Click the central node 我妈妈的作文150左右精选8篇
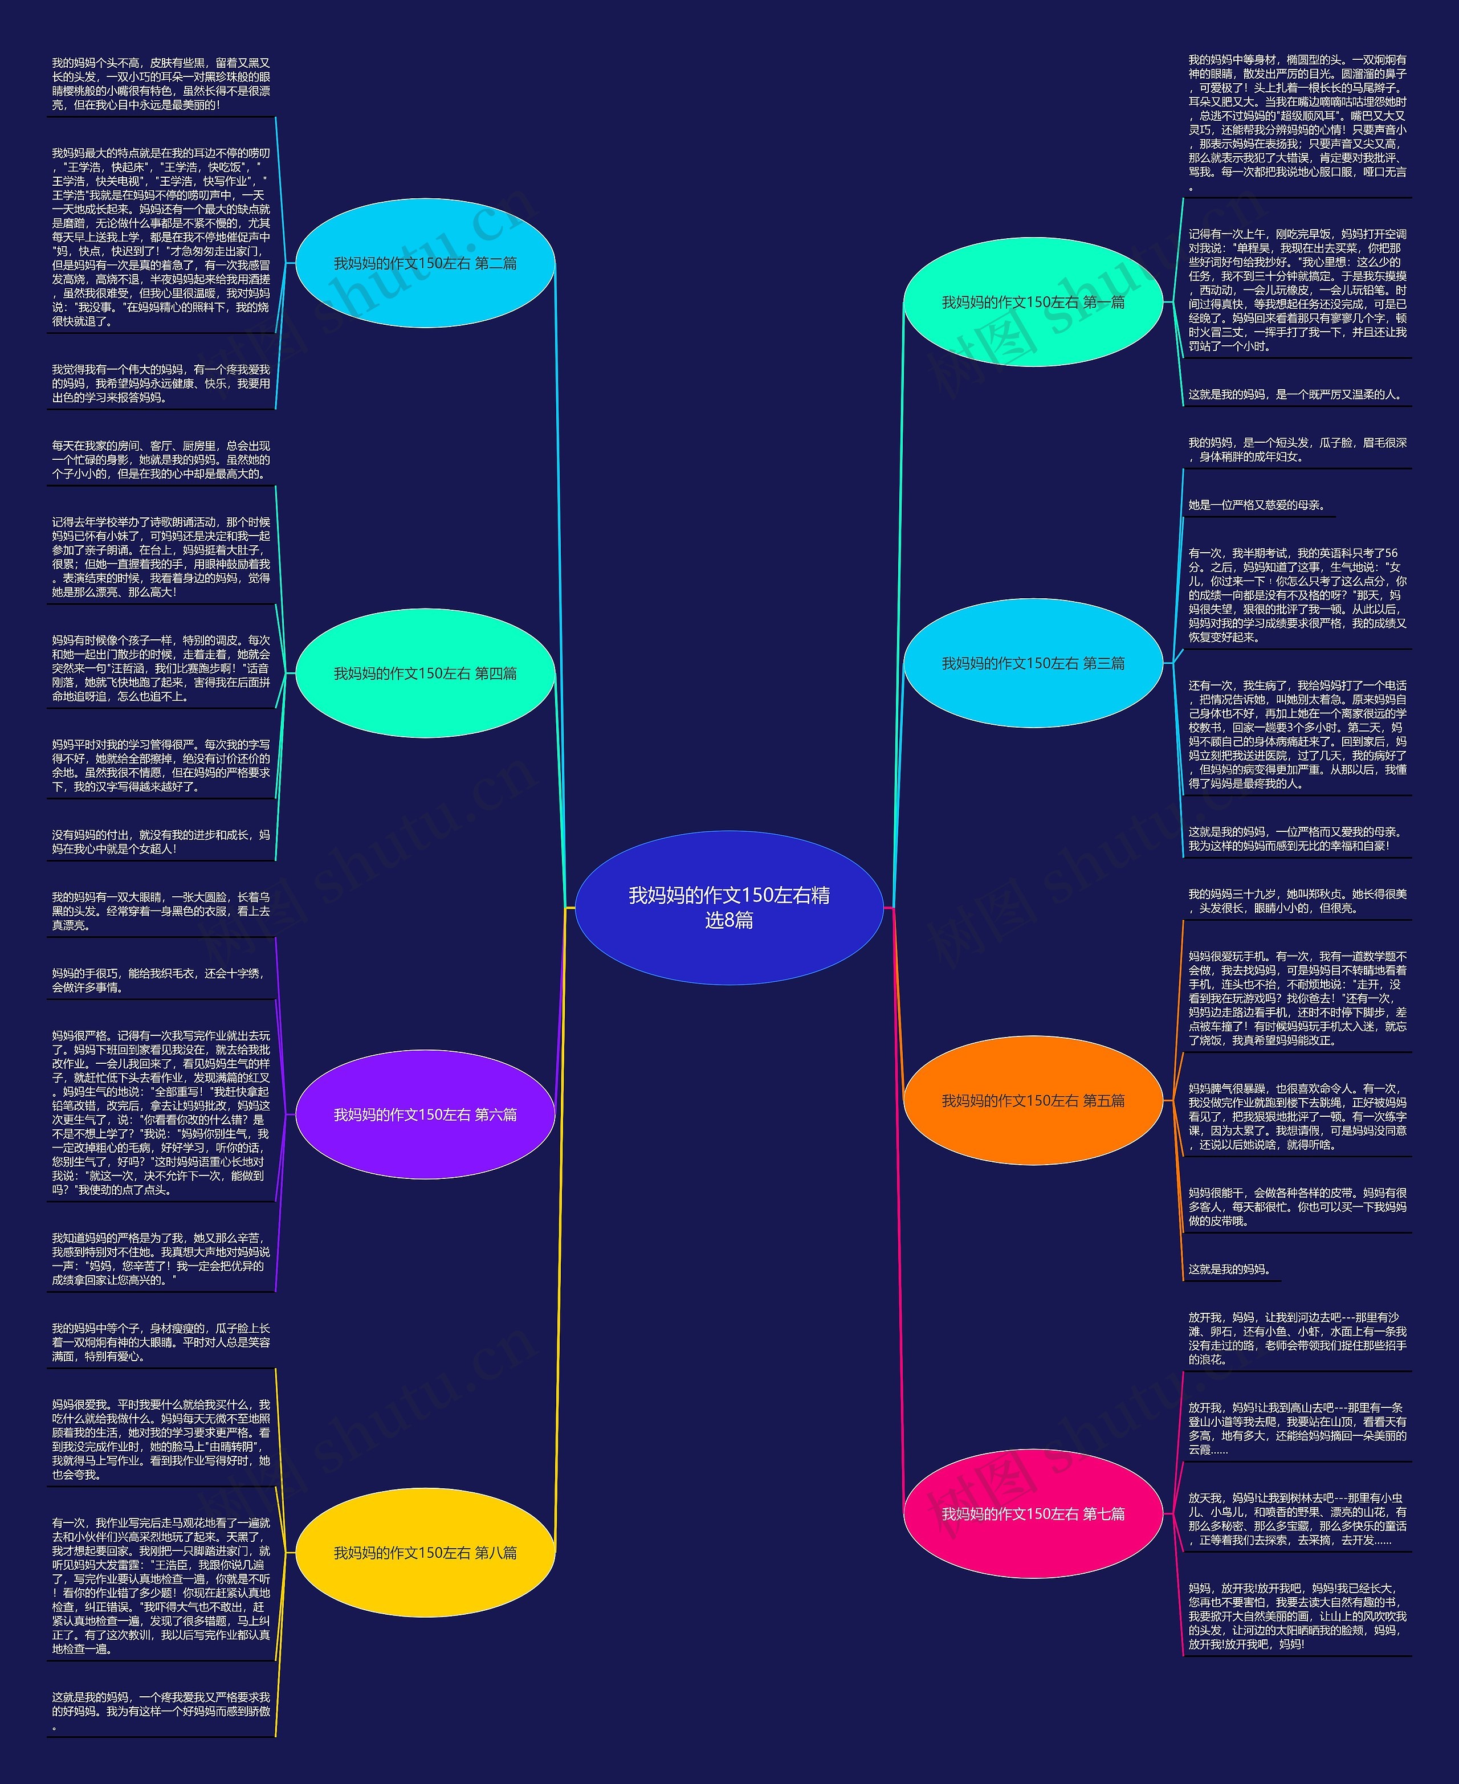pos(729,908)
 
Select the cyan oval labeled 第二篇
pos(425,263)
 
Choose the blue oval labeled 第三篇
pos(1032,663)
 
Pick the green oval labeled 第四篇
pos(425,673)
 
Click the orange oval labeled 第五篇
pos(1032,1101)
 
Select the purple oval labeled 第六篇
pos(425,1115)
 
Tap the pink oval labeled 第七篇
pos(1032,1513)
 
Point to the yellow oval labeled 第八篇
pos(425,1553)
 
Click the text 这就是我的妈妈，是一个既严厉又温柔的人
pos(1295,394)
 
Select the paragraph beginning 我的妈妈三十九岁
pos(1297,901)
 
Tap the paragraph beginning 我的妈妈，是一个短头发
pos(1297,450)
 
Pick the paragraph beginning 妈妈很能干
pos(1297,1207)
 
